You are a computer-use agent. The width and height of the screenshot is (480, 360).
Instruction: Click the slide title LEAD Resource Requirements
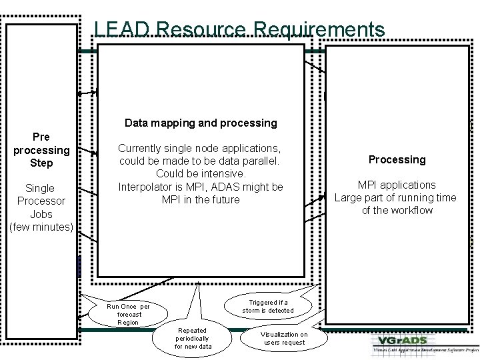(239, 29)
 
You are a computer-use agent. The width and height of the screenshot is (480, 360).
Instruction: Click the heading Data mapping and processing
(200, 123)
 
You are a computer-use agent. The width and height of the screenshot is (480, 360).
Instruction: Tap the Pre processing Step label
(41, 149)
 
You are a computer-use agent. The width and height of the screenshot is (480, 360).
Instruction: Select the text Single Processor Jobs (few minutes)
(41, 207)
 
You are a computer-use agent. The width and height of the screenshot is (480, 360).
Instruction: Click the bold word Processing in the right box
(397, 159)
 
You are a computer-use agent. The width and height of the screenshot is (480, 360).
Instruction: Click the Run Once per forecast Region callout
(128, 314)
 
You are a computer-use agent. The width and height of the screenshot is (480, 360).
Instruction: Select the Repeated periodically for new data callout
(193, 338)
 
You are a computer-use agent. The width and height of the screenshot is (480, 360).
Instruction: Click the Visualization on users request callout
(284, 338)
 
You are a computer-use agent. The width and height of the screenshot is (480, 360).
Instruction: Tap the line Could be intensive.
(200, 173)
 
